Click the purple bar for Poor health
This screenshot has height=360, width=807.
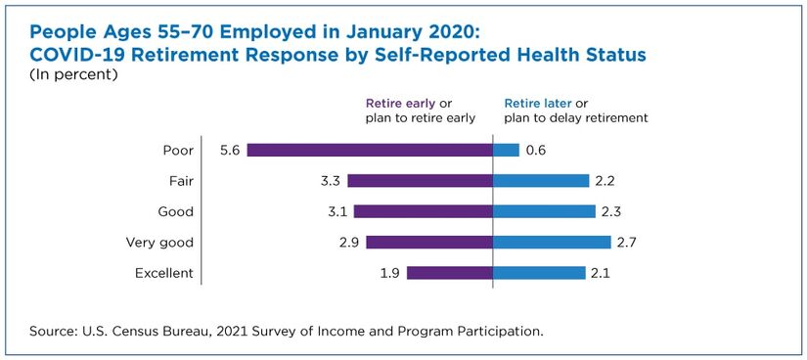(370, 150)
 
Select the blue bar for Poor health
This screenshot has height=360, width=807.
(506, 150)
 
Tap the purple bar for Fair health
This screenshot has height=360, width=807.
(420, 181)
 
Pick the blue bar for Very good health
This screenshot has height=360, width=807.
(552, 242)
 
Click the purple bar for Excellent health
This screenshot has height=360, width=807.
(450, 273)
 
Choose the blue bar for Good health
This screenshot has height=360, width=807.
(544, 211)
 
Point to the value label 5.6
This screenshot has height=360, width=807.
(228, 151)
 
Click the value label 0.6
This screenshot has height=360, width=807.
(536, 151)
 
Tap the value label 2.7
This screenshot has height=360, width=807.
(627, 243)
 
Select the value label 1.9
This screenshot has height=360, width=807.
(388, 274)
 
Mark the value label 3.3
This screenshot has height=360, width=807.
(329, 181)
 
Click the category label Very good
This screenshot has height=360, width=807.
(159, 243)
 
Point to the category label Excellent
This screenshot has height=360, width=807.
(164, 274)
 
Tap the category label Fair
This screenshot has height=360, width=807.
(182, 181)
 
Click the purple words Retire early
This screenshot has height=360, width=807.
(400, 104)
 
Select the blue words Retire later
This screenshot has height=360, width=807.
(538, 104)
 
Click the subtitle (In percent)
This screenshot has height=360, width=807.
(74, 74)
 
